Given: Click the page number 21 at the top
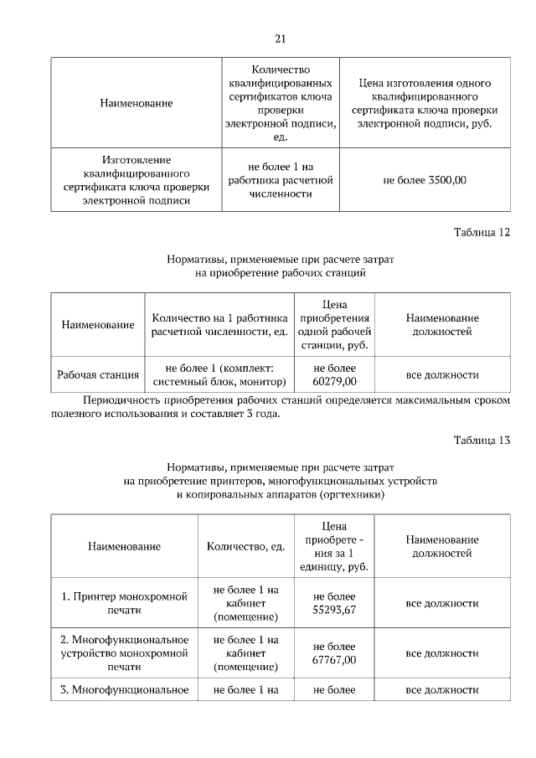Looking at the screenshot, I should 281,38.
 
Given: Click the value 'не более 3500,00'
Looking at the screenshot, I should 425,179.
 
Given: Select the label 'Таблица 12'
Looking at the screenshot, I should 482,232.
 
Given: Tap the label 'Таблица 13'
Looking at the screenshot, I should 482,440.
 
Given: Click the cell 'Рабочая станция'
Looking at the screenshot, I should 98,374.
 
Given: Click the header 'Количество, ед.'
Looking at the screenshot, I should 245,546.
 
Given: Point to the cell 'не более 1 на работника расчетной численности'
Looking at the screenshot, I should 280,179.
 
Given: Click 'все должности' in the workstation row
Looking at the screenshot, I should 442,374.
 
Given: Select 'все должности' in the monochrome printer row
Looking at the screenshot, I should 442,603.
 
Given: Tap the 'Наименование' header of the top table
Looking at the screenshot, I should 136,102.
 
